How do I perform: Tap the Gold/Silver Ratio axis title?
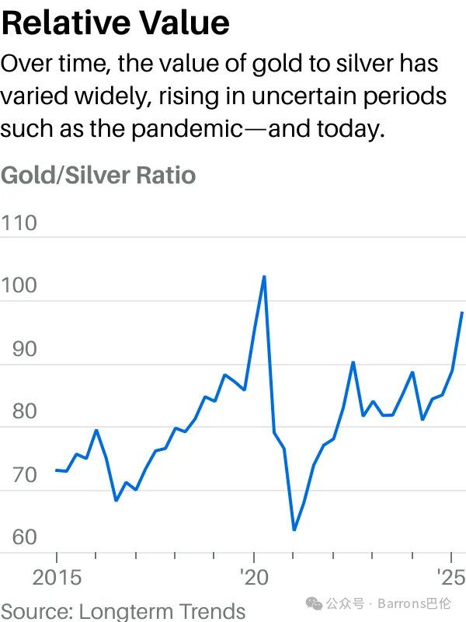click(x=98, y=174)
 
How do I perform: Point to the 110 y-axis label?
click(x=19, y=224)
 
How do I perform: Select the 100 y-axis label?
click(x=19, y=286)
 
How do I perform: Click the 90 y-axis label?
click(x=19, y=349)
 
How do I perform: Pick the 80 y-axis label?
click(x=19, y=411)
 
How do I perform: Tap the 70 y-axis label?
click(x=19, y=474)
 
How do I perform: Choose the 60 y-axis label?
click(x=19, y=537)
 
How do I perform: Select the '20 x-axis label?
click(x=254, y=578)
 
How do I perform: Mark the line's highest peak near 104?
click(x=264, y=276)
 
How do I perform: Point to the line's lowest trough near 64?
click(x=294, y=530)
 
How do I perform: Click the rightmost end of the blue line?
click(x=462, y=313)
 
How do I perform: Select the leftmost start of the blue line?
click(x=56, y=470)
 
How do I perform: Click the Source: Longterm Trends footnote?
click(x=123, y=611)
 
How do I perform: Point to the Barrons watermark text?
click(x=416, y=603)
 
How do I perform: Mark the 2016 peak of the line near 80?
click(x=96, y=430)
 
